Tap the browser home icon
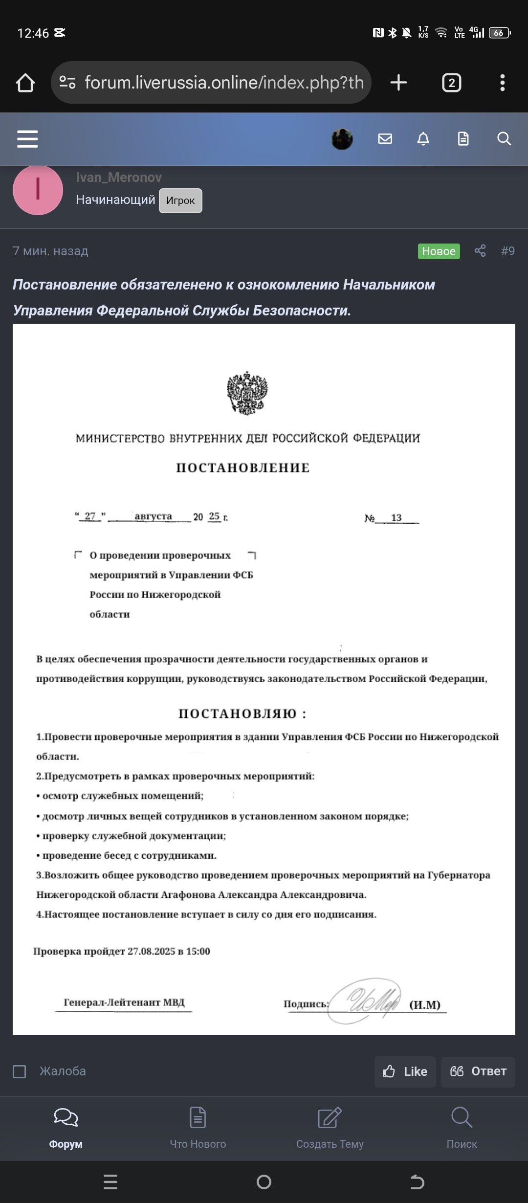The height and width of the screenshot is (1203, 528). (x=25, y=83)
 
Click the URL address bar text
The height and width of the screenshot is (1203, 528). (x=224, y=83)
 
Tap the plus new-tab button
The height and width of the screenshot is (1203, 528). (x=398, y=83)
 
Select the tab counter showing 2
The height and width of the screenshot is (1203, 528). (x=451, y=83)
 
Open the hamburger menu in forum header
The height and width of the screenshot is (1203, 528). (x=27, y=139)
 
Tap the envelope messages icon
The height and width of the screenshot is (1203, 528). (x=385, y=139)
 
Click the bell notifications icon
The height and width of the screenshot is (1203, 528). (x=423, y=139)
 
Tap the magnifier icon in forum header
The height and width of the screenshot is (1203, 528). (x=504, y=139)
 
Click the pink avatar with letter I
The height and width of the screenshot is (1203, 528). (x=38, y=190)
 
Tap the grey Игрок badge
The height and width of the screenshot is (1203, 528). (x=180, y=200)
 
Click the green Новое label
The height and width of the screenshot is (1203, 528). (x=439, y=251)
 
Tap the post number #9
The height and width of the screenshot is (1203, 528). (x=507, y=251)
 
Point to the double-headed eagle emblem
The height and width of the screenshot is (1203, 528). (x=247, y=393)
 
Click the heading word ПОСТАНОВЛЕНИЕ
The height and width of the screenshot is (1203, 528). (x=243, y=468)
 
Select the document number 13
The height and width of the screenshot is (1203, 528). (x=396, y=517)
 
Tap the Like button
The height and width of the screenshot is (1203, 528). (x=405, y=1071)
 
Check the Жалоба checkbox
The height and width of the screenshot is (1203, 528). (x=20, y=1071)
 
